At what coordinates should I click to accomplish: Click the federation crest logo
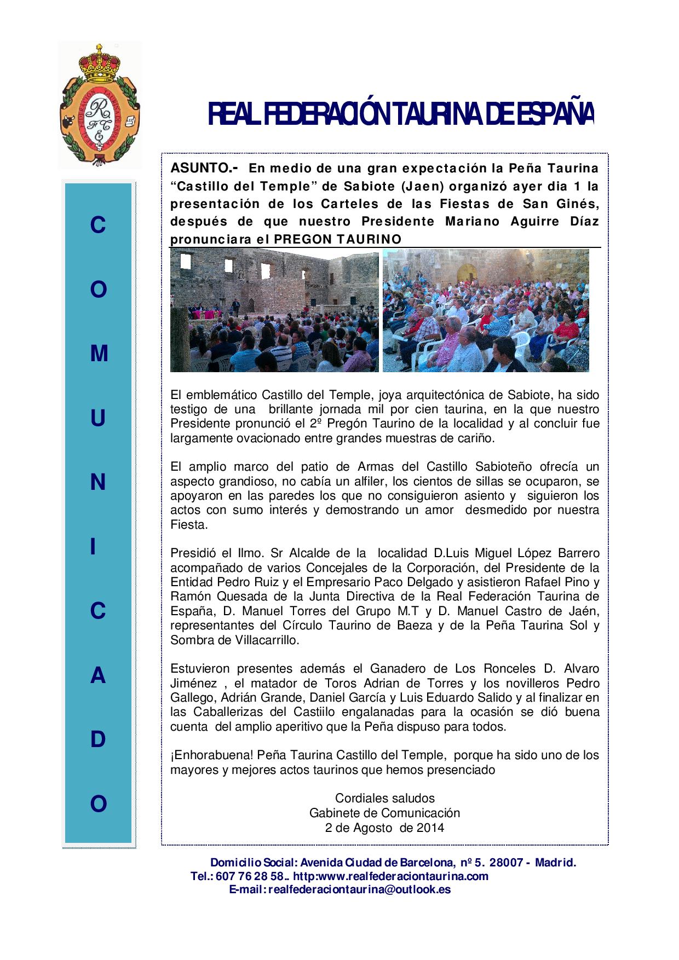click(99, 106)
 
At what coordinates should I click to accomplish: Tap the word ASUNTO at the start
click(202, 167)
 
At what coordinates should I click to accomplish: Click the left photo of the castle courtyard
click(274, 311)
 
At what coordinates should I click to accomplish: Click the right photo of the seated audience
click(486, 311)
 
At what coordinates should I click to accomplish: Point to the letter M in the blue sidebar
click(99, 354)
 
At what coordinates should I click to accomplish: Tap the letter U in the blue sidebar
click(99, 419)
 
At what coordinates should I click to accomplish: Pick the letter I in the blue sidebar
click(99, 547)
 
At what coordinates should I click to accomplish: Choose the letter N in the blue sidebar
click(99, 483)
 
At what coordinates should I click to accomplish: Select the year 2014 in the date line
click(430, 828)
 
